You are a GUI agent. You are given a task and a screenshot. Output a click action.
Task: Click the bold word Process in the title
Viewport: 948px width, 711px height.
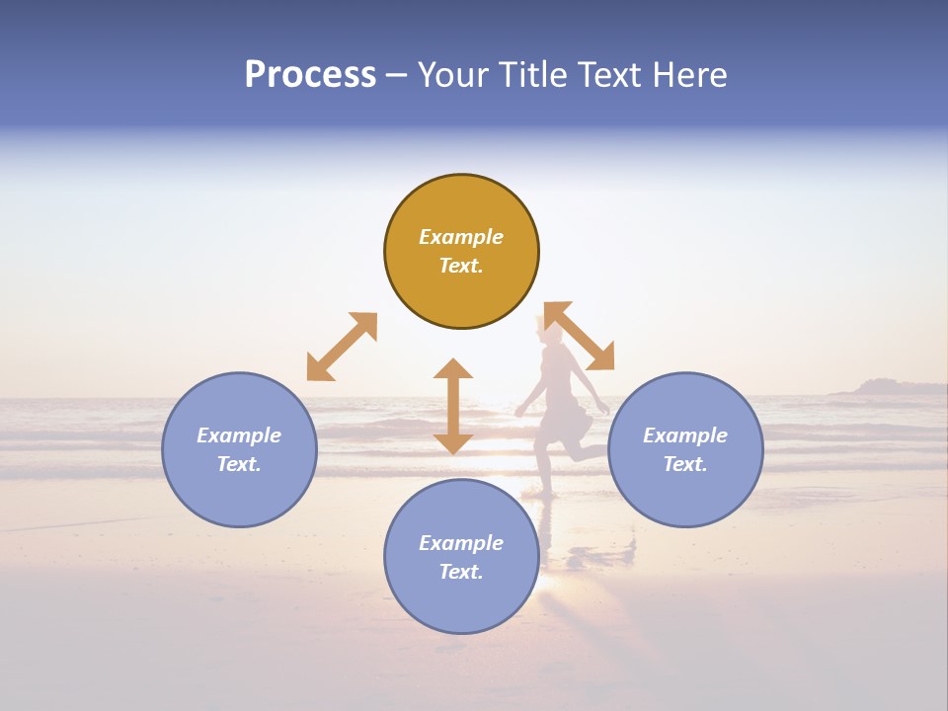coord(310,75)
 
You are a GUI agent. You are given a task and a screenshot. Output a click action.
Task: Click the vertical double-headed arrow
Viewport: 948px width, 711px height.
coord(453,406)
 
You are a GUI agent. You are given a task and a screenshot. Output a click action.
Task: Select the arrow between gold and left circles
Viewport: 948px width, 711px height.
coord(342,347)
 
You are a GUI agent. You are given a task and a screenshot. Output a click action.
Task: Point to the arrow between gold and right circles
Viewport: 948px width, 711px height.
coord(580,337)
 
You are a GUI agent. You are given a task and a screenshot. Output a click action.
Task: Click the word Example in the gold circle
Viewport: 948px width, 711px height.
coord(461,237)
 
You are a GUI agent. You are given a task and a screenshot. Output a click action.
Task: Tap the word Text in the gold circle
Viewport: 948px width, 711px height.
coord(460,266)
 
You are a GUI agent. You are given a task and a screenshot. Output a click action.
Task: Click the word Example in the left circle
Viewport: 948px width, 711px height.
coord(239,435)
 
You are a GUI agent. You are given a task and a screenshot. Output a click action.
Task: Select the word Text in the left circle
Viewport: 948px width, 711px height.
coord(238,464)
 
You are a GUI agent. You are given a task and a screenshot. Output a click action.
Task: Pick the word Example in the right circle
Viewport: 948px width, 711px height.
coord(685,435)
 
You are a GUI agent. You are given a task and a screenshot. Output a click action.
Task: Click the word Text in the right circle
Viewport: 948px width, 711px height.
coord(684,464)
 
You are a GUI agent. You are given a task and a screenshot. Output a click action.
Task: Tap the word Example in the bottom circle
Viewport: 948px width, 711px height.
coord(461,543)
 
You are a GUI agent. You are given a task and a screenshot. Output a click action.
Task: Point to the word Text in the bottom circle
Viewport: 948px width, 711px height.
coord(460,572)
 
